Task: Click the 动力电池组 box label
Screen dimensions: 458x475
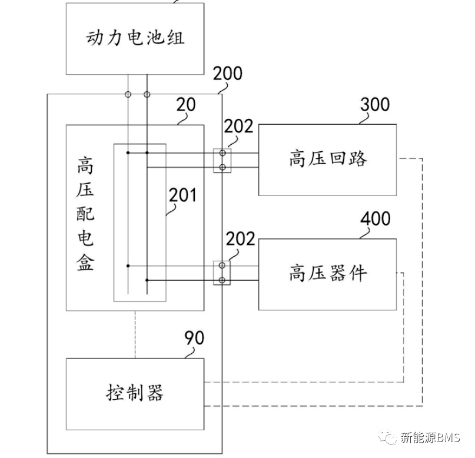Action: click(x=135, y=38)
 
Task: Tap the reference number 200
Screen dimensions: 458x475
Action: click(x=227, y=74)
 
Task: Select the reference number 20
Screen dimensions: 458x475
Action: click(x=187, y=105)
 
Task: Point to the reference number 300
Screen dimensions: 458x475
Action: click(x=374, y=104)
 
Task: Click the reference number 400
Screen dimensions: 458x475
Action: click(x=374, y=218)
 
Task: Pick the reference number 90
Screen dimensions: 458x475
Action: click(x=195, y=338)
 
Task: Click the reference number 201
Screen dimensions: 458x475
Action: click(x=182, y=195)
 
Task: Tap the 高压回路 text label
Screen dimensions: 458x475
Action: click(x=328, y=159)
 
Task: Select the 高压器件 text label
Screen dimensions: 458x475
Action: click(x=328, y=273)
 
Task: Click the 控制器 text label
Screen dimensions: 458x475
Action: click(x=135, y=391)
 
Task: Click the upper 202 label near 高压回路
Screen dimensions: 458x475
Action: click(x=239, y=127)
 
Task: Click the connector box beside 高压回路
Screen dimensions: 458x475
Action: click(x=222, y=160)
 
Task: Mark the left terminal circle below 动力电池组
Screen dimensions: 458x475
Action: click(x=128, y=94)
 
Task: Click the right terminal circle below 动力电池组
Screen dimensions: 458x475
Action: click(x=147, y=94)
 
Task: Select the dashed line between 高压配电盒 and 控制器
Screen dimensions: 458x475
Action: click(x=135, y=334)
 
